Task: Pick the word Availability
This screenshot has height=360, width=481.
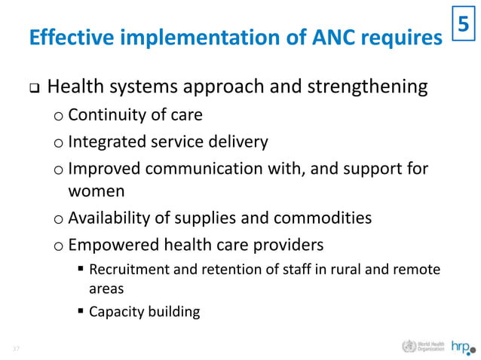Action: click(x=110, y=218)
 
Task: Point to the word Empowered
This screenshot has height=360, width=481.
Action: click(x=109, y=245)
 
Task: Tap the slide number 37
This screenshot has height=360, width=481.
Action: click(x=15, y=348)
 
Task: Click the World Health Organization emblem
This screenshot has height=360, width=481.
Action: click(x=409, y=347)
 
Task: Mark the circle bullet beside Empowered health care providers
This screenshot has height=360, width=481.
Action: click(x=59, y=246)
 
